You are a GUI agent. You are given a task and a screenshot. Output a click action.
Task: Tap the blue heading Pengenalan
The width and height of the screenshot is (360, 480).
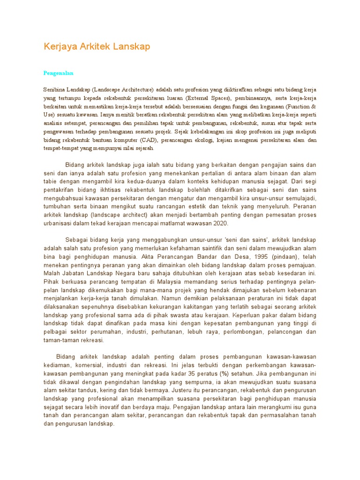tap(59, 73)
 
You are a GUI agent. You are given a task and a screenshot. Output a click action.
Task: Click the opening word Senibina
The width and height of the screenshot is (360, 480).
tap(54, 89)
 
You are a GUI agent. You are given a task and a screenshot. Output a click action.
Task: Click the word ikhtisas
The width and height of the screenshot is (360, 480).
tap(113, 190)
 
